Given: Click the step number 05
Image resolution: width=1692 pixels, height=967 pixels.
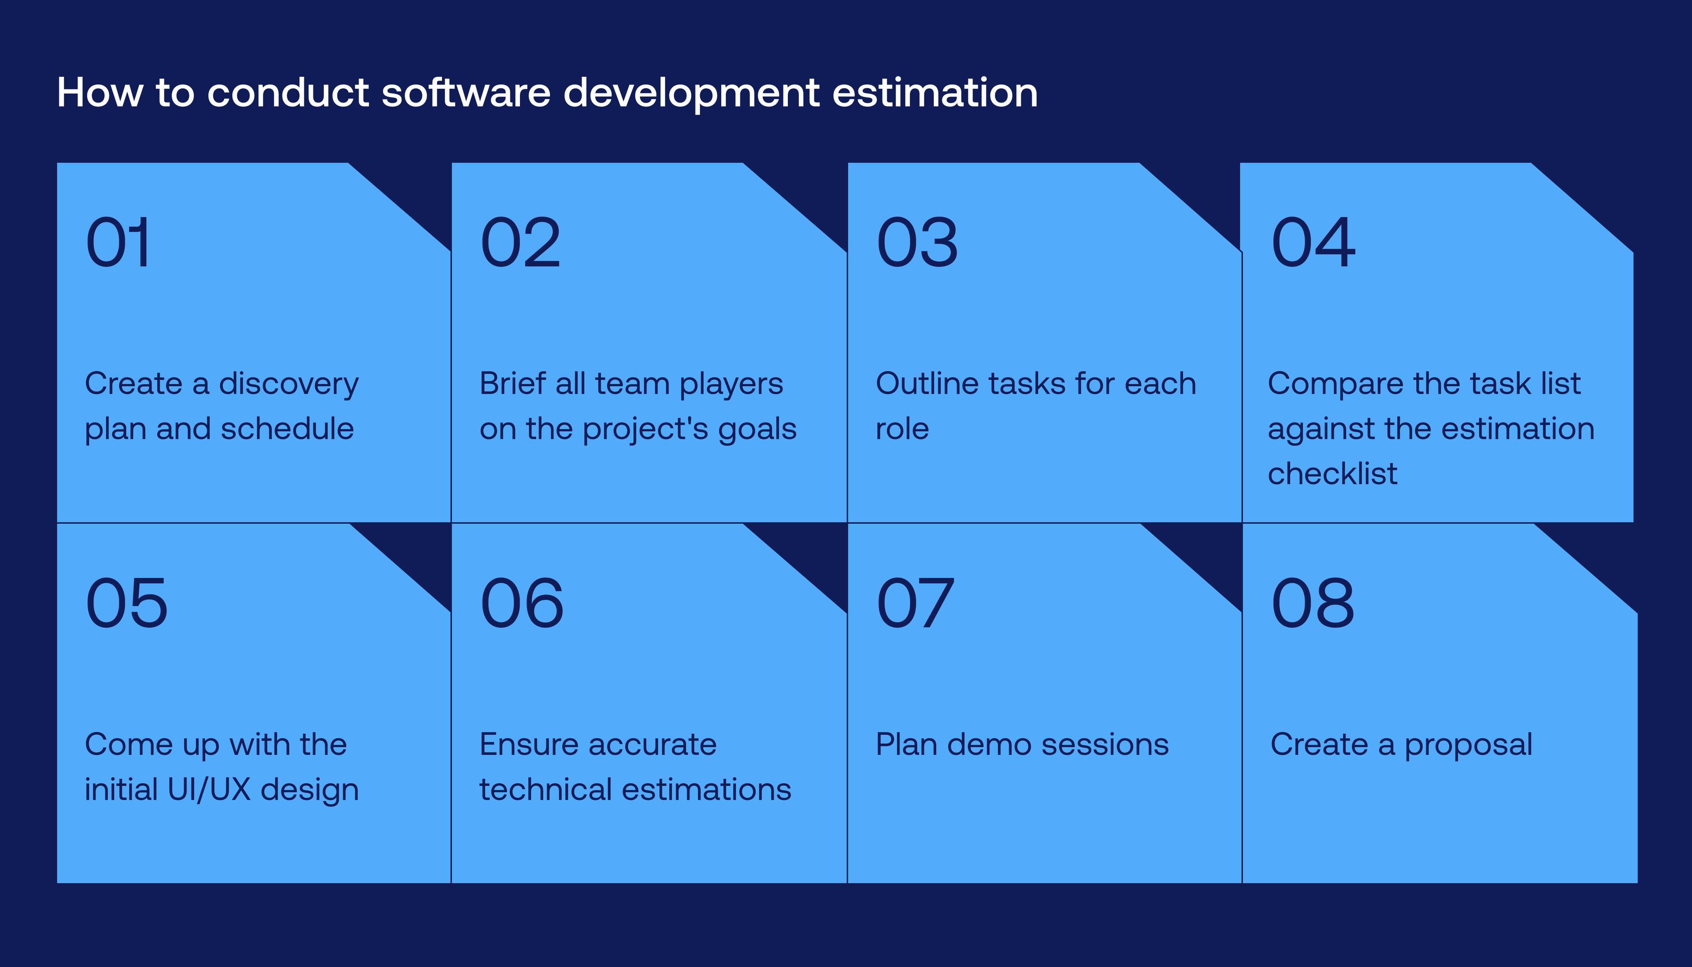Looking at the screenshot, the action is (127, 603).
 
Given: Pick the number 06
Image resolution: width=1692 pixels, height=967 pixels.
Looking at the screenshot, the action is (522, 603).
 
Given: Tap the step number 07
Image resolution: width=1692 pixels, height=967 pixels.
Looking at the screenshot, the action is (916, 603).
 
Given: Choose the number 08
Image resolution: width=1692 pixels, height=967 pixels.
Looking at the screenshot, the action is (1313, 603).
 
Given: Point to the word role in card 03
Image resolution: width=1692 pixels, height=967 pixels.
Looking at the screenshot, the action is (902, 430).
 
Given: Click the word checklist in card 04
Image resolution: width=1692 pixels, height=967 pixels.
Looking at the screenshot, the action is (1332, 474).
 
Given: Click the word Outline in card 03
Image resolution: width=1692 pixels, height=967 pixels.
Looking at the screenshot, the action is (922, 384).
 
